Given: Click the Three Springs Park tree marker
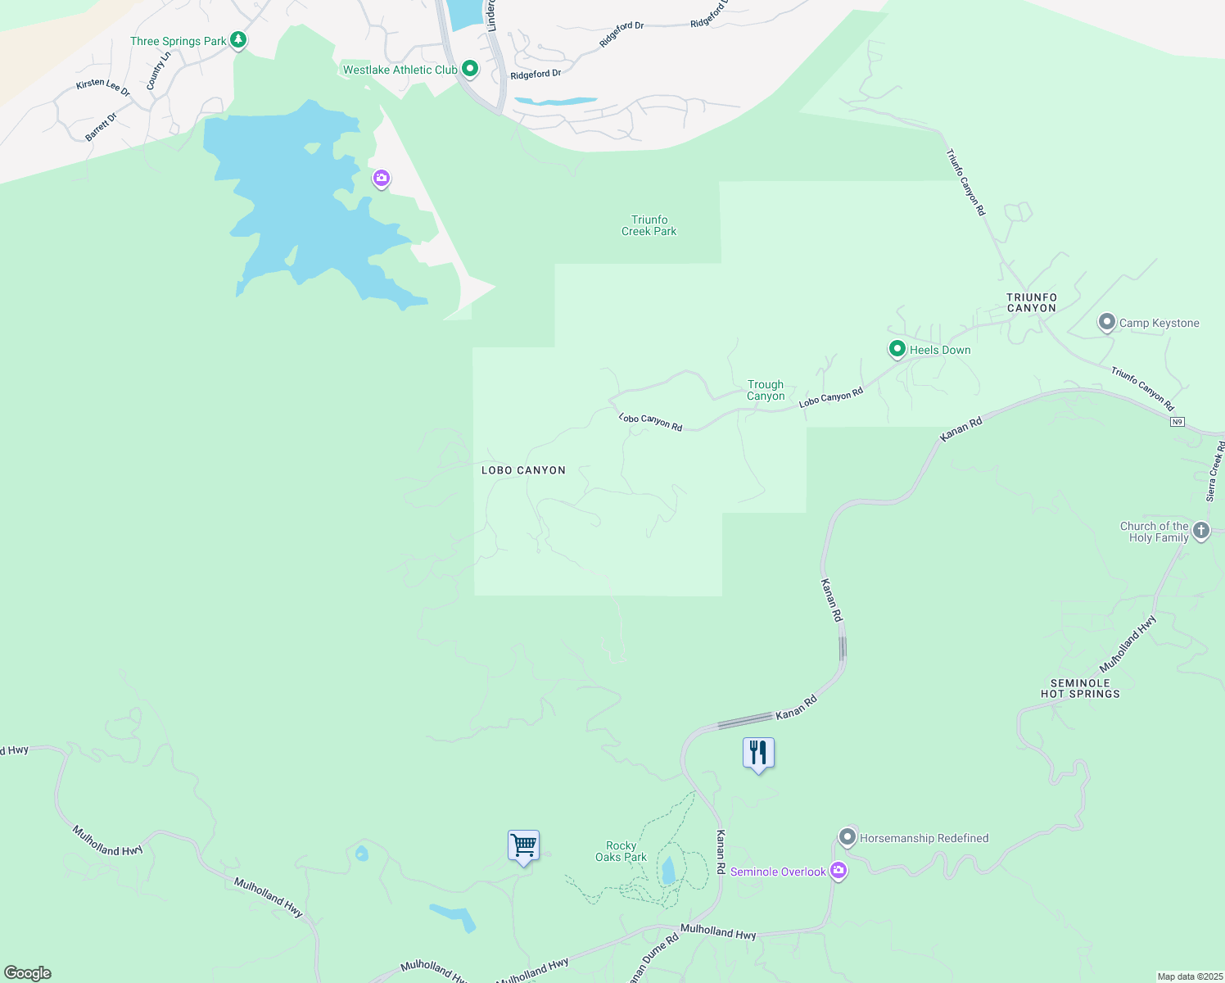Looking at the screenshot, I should click(x=238, y=39).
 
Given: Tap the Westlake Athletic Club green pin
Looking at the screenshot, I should click(x=470, y=69).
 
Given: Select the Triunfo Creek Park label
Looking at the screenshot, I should click(x=649, y=225).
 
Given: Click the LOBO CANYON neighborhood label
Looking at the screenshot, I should click(x=523, y=470).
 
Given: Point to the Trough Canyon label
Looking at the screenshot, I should click(x=766, y=390).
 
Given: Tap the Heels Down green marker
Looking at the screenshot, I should click(x=897, y=349).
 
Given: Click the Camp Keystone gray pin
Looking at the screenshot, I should click(x=1107, y=322).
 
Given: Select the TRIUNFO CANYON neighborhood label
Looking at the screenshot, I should click(x=1032, y=302).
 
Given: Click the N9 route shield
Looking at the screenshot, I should click(x=1177, y=422).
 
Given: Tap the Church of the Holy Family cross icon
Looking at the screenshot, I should click(x=1201, y=530).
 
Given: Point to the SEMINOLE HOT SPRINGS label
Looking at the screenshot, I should click(x=1080, y=688).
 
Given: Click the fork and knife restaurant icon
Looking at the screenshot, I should click(x=758, y=753).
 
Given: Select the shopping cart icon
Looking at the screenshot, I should click(x=523, y=845).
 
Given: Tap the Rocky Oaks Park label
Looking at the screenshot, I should click(x=621, y=851).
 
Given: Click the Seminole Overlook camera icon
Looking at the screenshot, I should click(x=838, y=871).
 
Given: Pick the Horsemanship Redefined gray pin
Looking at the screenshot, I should click(x=848, y=837).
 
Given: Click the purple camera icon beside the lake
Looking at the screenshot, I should click(x=382, y=178).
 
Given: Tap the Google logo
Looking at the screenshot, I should click(x=28, y=973).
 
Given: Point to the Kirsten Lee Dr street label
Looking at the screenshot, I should click(x=103, y=87).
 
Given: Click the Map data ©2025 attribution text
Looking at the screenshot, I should click(x=1190, y=976).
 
